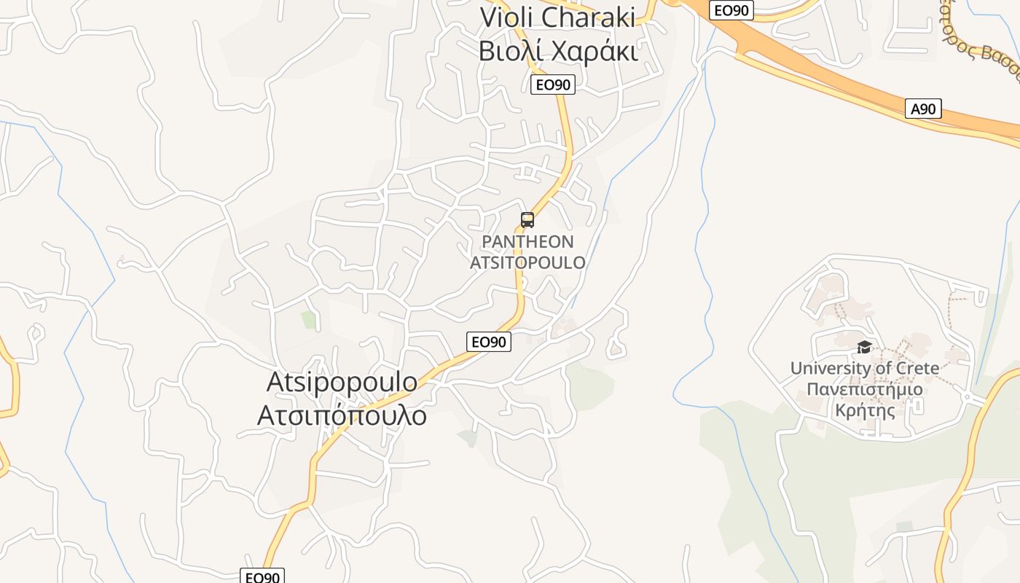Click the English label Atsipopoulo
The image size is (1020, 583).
(x=342, y=381)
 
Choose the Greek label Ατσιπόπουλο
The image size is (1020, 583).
(x=342, y=415)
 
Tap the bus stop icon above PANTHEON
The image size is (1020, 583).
(x=527, y=219)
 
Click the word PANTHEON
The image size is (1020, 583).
(x=527, y=241)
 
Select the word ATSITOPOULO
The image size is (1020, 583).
(x=527, y=262)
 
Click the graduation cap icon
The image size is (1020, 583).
(x=864, y=347)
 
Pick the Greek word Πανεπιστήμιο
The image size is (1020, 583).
(x=864, y=389)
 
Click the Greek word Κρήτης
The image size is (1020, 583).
(x=864, y=410)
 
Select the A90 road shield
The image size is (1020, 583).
(x=923, y=109)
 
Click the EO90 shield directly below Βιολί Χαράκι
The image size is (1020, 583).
(x=552, y=85)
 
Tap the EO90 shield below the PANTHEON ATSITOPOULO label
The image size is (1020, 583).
(x=488, y=341)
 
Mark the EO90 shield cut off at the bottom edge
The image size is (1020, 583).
(x=262, y=576)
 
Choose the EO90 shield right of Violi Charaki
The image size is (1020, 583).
(x=731, y=10)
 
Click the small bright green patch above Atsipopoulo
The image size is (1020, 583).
(x=309, y=319)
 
